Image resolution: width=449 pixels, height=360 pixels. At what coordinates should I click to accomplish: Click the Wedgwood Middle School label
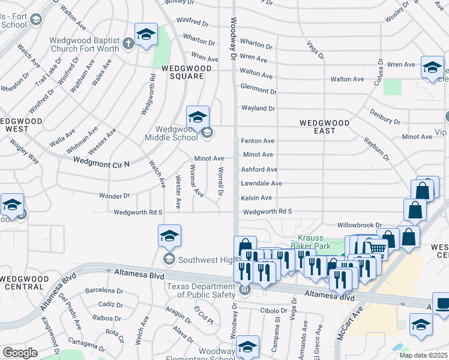[x=176, y=133]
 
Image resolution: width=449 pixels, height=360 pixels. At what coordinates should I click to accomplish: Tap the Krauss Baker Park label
[x=311, y=242]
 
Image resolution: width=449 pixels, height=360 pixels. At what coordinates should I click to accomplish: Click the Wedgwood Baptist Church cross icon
[x=127, y=43]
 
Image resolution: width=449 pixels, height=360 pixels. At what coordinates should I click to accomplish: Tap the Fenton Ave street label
[x=258, y=141]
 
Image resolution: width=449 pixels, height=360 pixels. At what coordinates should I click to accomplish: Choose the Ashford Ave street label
[x=259, y=170]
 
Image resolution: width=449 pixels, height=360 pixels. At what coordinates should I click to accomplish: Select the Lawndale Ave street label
[x=261, y=184]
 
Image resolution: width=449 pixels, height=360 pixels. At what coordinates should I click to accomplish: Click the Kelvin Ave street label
[x=256, y=197]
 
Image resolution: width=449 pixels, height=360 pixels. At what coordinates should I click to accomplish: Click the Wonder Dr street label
[x=114, y=196]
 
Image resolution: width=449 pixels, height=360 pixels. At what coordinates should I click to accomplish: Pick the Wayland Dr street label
[x=258, y=109]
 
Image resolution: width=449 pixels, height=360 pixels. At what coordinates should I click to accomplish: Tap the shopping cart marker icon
[x=377, y=247]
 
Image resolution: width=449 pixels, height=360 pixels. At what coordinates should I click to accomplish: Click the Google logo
[x=20, y=353]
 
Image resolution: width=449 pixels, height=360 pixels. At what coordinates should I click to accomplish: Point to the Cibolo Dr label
[x=275, y=311]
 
